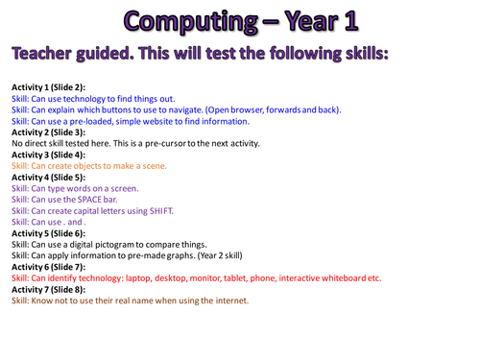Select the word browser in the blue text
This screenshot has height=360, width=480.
(x=243, y=109)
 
